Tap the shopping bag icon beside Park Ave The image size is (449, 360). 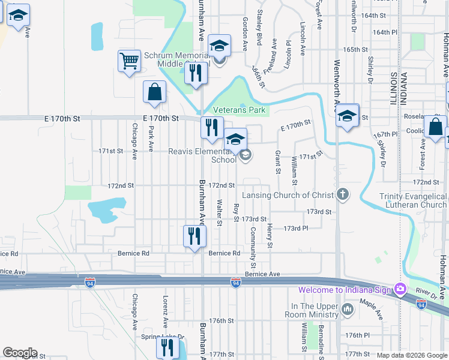tap(154, 93)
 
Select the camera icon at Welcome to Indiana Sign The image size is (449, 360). tap(399, 290)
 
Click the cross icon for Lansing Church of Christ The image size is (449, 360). tap(342, 194)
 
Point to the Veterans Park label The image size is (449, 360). tap(240, 110)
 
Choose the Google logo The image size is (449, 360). tap(20, 353)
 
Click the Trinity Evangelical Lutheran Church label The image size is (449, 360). tap(413, 200)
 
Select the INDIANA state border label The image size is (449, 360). tap(404, 90)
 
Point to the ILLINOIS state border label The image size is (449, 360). tap(393, 90)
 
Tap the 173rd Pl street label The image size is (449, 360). tap(295, 229)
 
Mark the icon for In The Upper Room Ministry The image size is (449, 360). tap(348, 310)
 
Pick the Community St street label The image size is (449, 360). tap(253, 248)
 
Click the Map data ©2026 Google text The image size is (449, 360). tap(411, 355)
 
